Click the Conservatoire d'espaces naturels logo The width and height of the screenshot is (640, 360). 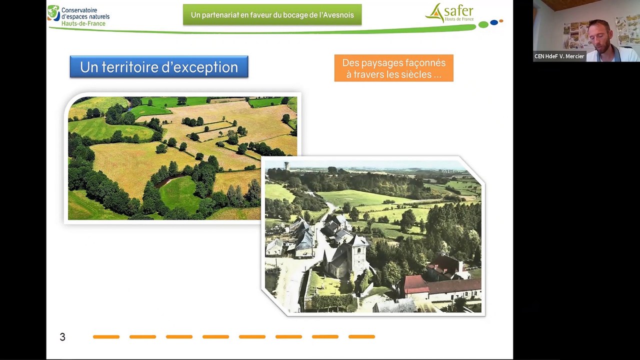(78, 15)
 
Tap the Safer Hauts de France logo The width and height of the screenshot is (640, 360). (449, 13)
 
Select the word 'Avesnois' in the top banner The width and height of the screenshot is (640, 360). (337, 15)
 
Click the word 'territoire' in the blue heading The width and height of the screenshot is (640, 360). (136, 67)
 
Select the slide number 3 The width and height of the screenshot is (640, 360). (62, 337)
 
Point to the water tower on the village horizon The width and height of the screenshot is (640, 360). (287, 165)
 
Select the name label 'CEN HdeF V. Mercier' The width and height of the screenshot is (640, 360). (559, 56)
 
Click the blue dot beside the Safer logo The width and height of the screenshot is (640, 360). (494, 22)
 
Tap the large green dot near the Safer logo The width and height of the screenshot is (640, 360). (483, 24)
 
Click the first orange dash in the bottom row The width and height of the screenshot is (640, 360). (106, 337)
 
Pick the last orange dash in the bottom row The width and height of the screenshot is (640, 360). (361, 337)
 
